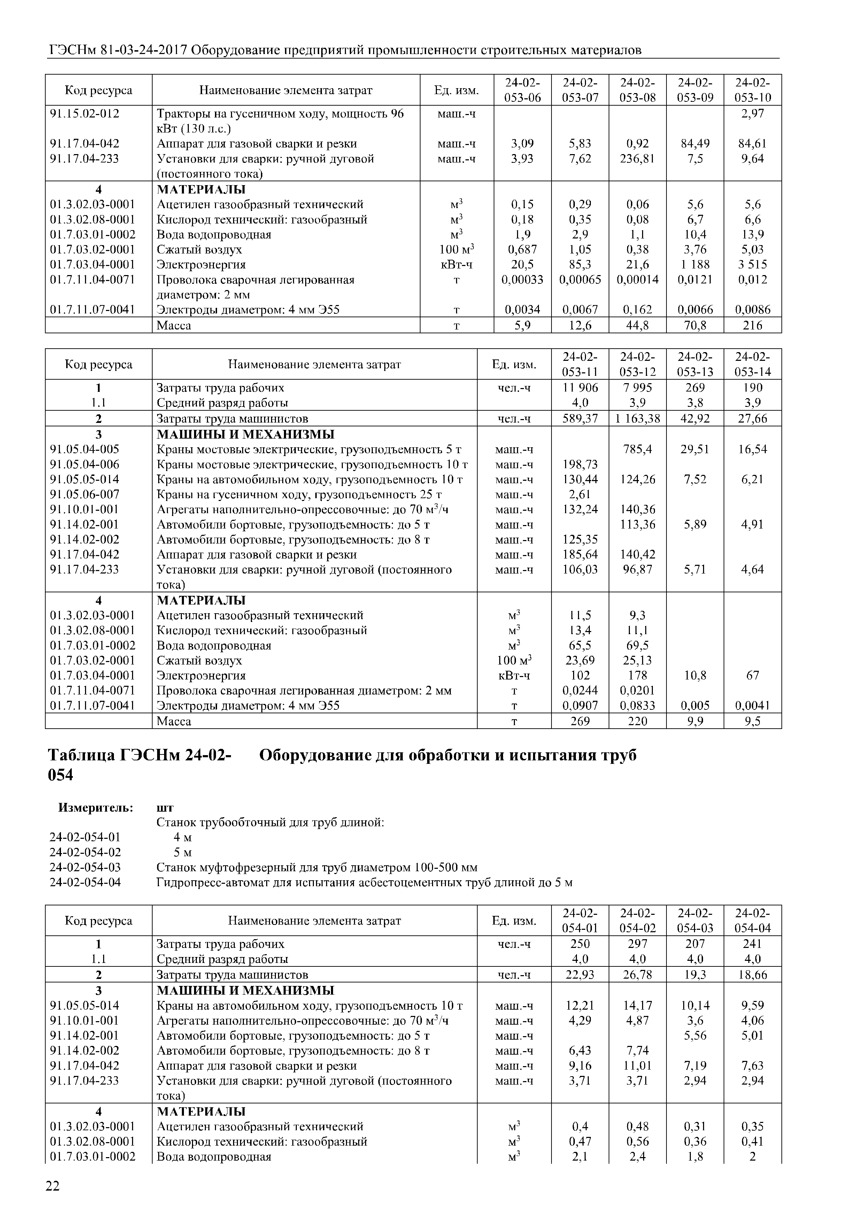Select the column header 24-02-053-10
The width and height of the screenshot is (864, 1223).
coord(752,90)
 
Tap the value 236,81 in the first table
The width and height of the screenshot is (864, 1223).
coord(637,159)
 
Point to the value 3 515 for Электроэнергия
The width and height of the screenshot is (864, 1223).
coord(752,265)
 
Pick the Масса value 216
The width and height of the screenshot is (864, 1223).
coord(752,326)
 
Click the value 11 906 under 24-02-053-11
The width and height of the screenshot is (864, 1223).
coord(580,388)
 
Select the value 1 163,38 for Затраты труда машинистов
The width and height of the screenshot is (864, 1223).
coord(637,419)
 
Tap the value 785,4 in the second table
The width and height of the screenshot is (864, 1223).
coord(637,449)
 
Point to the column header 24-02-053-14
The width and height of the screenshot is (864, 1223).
coord(752,364)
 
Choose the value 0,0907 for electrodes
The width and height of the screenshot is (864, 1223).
coord(580,706)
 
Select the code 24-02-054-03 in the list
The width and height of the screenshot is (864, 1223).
coord(85,868)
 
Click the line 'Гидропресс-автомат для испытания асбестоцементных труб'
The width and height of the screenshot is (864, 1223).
coord(364,883)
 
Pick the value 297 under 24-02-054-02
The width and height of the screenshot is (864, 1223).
coord(637,944)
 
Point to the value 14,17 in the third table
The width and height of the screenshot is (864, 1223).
coord(637,1006)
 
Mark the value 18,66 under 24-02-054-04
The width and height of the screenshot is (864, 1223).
coord(752,975)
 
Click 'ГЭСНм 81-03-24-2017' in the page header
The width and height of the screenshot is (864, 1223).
coord(118,51)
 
